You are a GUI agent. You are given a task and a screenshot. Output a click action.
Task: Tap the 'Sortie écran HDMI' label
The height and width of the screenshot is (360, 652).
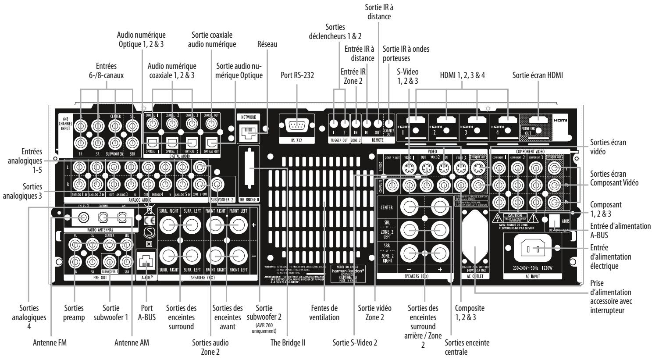tap(538, 76)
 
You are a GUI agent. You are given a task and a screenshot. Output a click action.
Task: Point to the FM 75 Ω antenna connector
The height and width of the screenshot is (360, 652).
tap(82, 217)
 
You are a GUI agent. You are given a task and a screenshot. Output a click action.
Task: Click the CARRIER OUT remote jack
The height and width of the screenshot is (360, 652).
tap(389, 123)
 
